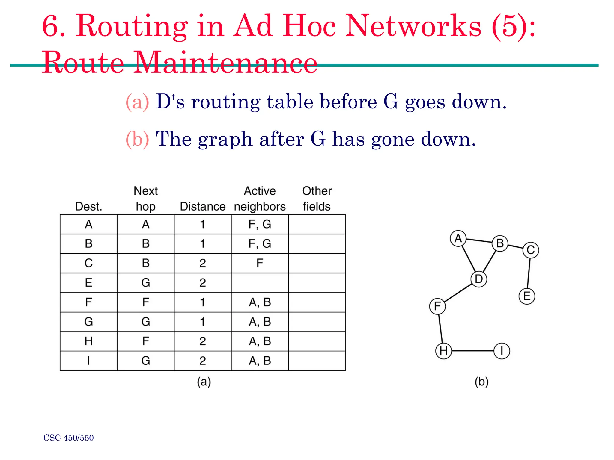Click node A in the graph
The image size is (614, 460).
click(x=458, y=239)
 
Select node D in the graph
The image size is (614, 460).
click(x=479, y=279)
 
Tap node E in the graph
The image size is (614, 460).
click(x=527, y=296)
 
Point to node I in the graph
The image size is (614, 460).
click(x=502, y=351)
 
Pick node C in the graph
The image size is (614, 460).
click(x=531, y=250)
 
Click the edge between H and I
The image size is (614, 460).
click(x=472, y=351)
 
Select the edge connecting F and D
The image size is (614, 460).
click(x=458, y=293)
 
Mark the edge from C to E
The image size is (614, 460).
click(x=529, y=273)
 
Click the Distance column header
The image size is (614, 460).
click(x=203, y=206)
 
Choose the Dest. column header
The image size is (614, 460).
click(x=88, y=206)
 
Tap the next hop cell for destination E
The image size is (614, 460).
click(x=146, y=283)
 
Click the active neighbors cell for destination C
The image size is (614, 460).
click(x=260, y=263)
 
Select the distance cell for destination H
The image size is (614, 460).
click(x=203, y=341)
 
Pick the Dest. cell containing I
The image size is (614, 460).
click(x=88, y=361)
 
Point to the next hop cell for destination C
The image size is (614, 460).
click(x=146, y=263)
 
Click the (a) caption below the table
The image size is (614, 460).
click(x=204, y=382)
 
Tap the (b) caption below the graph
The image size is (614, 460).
click(x=481, y=382)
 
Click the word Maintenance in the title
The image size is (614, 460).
click(x=225, y=63)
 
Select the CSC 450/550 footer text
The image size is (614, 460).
click(x=69, y=438)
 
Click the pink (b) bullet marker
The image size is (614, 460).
click(x=137, y=139)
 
